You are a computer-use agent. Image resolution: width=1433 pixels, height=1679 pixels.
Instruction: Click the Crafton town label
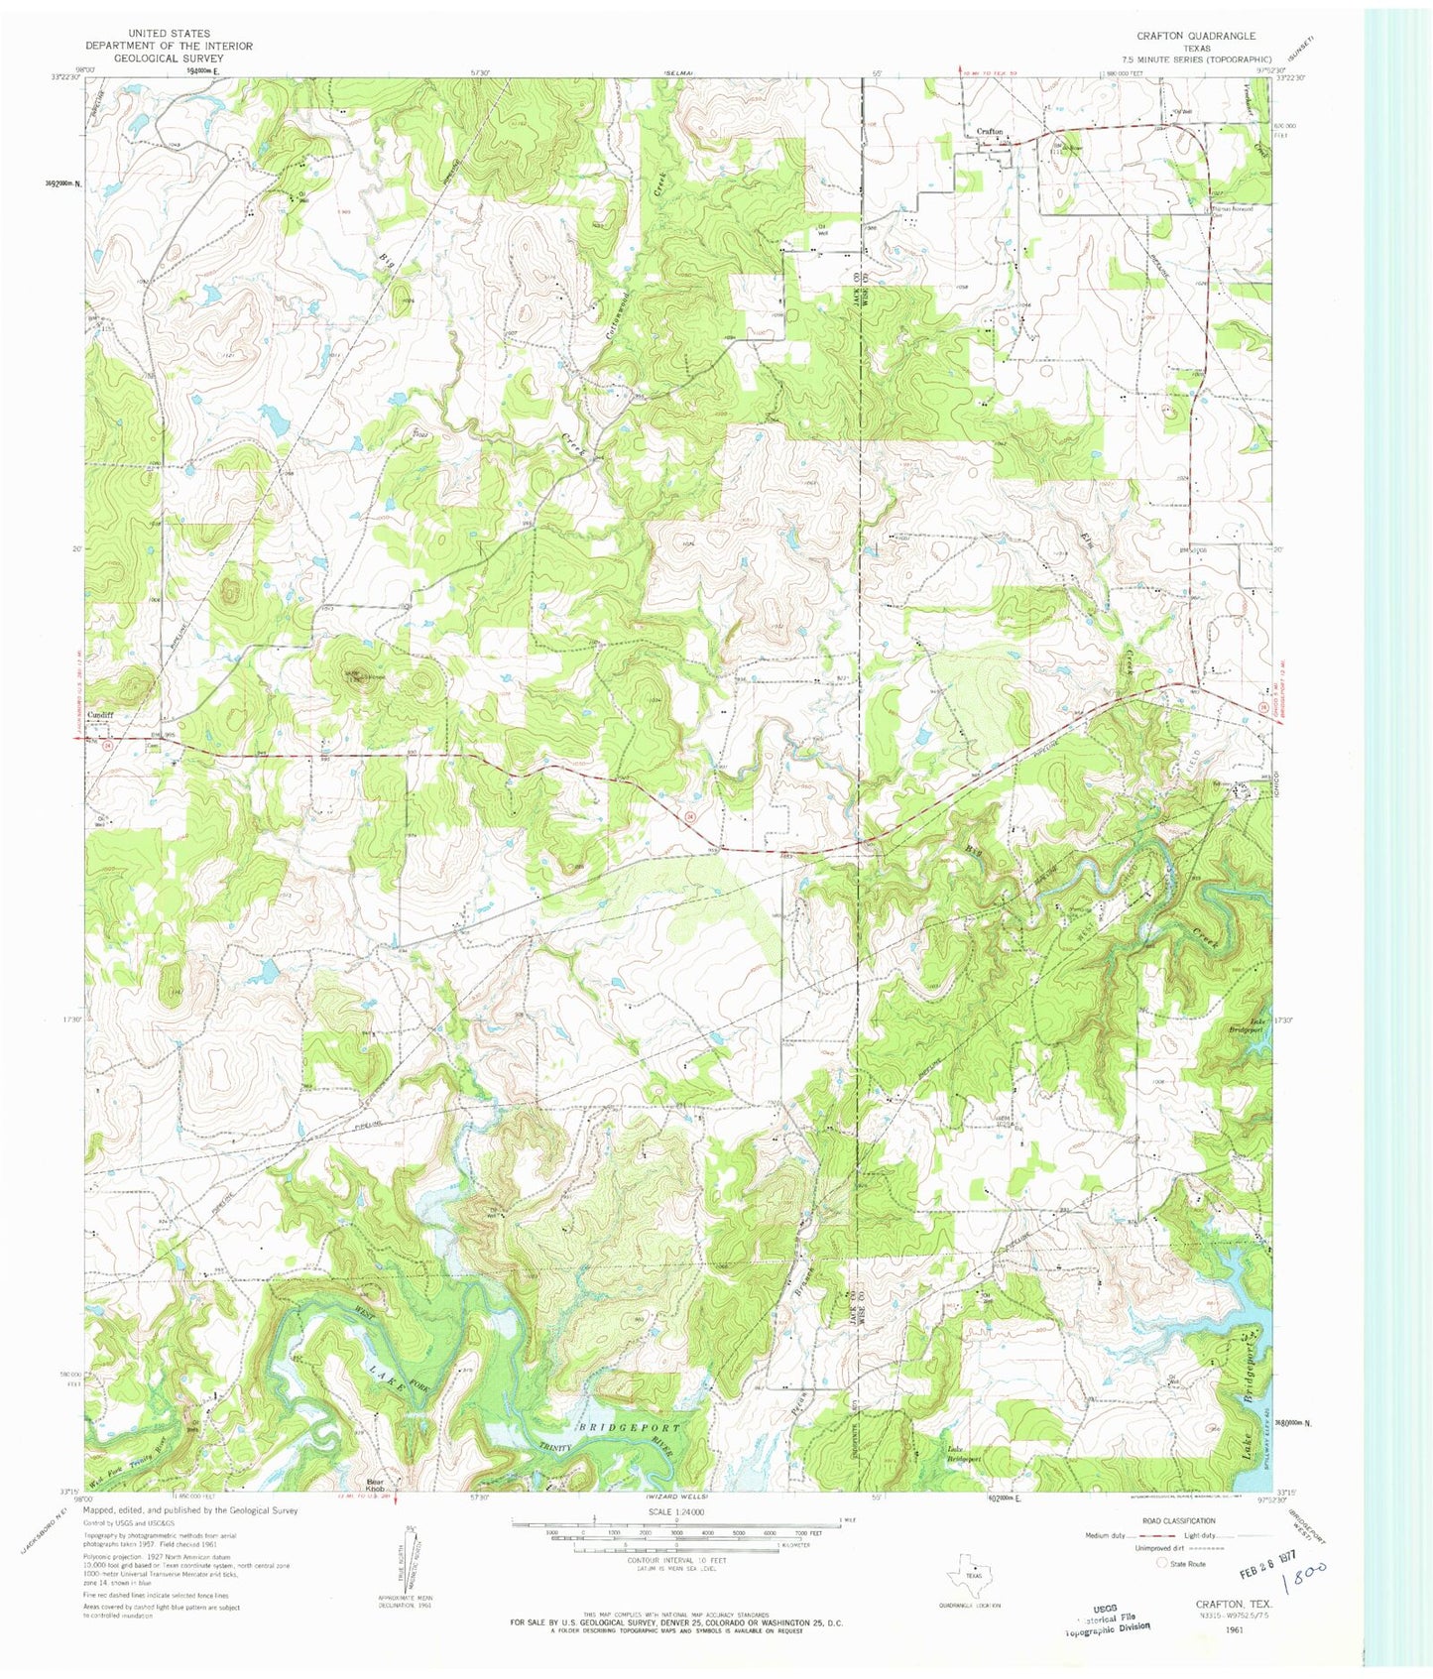[x=990, y=132]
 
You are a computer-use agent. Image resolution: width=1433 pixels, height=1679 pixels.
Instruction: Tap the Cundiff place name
[x=101, y=716]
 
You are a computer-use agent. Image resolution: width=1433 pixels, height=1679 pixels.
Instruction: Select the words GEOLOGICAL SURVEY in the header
[x=169, y=59]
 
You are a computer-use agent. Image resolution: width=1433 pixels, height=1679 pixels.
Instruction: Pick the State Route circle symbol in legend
[x=1162, y=1562]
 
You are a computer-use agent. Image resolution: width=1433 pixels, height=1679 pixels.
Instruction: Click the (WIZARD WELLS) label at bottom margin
[x=675, y=1496]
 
